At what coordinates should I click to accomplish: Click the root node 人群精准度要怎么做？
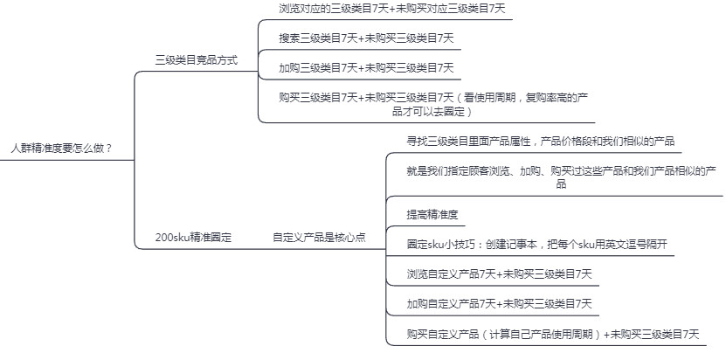[x=61, y=149]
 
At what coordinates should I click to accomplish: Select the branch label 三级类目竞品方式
[x=196, y=60]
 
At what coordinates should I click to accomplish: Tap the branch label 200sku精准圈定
[x=193, y=237]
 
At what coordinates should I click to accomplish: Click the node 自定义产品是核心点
[x=319, y=237]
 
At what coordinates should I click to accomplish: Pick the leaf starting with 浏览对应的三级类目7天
[x=391, y=10]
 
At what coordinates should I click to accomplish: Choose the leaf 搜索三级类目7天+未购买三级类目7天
[x=366, y=38]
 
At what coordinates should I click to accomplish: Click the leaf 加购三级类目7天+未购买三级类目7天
[x=366, y=67]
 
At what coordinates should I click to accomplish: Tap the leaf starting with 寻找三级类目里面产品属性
[x=540, y=141]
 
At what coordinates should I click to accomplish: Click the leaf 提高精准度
[x=432, y=214]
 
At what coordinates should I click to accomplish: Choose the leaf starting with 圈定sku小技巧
[x=537, y=244]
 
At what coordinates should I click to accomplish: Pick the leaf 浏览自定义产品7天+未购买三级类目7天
[x=499, y=274]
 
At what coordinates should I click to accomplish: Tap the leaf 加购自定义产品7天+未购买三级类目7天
[x=499, y=304]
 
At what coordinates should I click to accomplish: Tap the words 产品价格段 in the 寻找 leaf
[x=566, y=141]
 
